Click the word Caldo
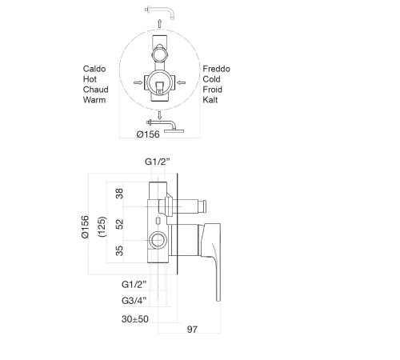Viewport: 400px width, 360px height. click(x=94, y=69)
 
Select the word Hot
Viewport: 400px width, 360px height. click(x=90, y=79)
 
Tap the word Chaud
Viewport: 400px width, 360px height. click(x=95, y=90)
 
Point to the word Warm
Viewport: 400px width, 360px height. click(x=94, y=100)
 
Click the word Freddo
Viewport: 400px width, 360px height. click(x=216, y=69)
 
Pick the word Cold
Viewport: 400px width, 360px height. click(x=211, y=79)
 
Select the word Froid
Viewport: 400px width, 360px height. click(x=212, y=90)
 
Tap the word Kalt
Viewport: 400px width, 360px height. click(x=210, y=100)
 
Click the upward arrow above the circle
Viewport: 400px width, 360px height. click(x=159, y=23)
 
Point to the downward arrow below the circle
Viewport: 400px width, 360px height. click(x=159, y=115)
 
